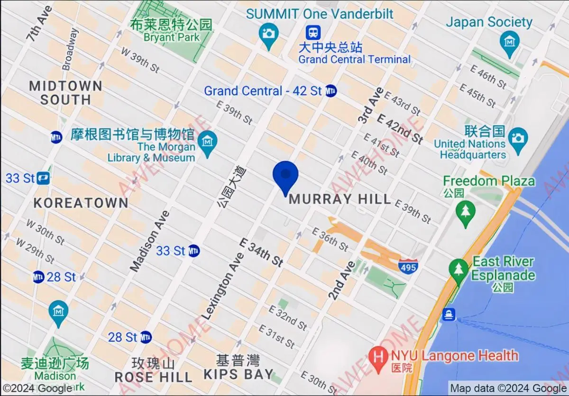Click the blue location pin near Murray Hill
(285, 176)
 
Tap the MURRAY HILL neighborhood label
(340, 199)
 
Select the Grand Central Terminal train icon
(313, 32)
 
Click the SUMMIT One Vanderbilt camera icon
(269, 34)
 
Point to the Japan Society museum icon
(510, 41)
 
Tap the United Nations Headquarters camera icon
(518, 138)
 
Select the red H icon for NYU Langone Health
(378, 355)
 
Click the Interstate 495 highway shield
(408, 266)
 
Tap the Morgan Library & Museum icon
(207, 141)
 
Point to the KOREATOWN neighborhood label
(81, 203)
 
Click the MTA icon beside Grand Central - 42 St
(331, 91)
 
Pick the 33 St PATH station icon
(43, 179)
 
